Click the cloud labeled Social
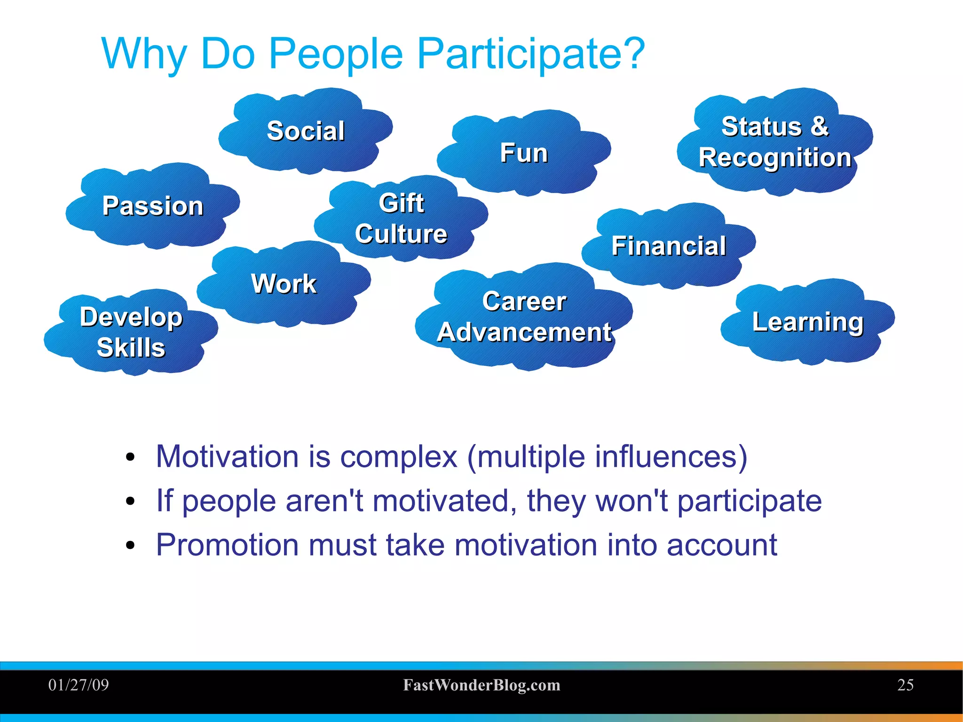pos(306,131)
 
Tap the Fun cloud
pos(523,153)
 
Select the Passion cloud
pos(153,206)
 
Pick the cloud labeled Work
pos(284,284)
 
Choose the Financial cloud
pos(668,246)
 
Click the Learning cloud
pos(807,322)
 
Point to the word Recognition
pos(775,158)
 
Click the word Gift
pos(401,203)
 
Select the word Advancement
pos(524,332)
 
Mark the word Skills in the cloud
pos(131,348)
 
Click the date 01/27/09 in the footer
pos(79,685)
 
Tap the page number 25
pos(905,685)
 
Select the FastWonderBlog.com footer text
pos(481,685)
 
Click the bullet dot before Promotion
pos(130,546)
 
